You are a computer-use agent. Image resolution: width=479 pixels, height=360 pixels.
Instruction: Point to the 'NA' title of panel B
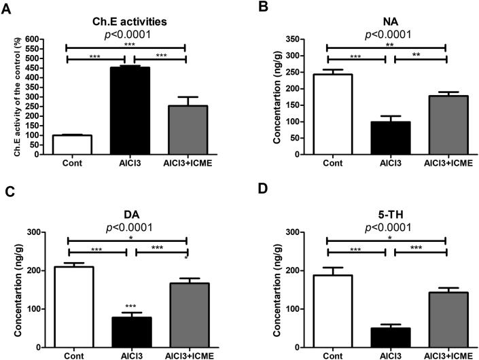click(x=386, y=21)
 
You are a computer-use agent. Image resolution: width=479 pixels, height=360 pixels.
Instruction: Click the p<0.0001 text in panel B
click(x=386, y=33)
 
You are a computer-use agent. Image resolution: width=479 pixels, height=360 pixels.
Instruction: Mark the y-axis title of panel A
click(x=18, y=96)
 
